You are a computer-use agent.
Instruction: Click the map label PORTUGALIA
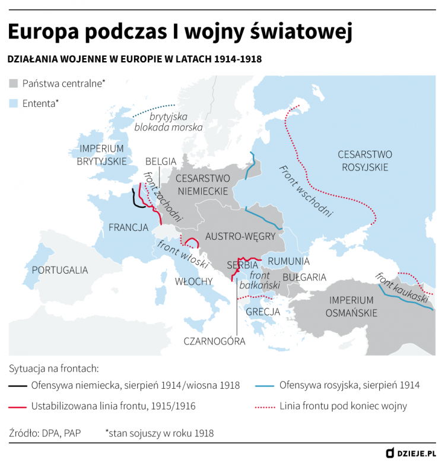pyautogui.click(x=60, y=270)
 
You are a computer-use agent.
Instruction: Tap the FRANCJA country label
pyautogui.click(x=128, y=227)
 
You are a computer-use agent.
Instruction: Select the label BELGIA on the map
pyautogui.click(x=161, y=161)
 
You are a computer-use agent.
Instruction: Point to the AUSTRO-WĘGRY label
pyautogui.click(x=240, y=236)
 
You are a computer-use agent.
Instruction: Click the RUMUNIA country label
pyautogui.click(x=288, y=261)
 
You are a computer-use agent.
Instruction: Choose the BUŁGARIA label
pyautogui.click(x=304, y=277)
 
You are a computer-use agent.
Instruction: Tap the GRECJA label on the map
pyautogui.click(x=263, y=312)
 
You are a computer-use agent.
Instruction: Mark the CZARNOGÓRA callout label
pyautogui.click(x=214, y=341)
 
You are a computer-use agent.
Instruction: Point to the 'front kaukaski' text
pyautogui.click(x=402, y=288)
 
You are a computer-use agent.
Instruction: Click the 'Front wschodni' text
pyautogui.click(x=306, y=191)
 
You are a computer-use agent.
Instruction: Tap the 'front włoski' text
pyautogui.click(x=183, y=254)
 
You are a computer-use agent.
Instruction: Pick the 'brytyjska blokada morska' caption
pyautogui.click(x=169, y=122)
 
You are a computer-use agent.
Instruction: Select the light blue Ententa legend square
pyautogui.click(x=14, y=103)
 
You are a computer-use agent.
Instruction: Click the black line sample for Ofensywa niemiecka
pyautogui.click(x=17, y=386)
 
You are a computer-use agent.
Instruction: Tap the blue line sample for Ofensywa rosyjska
pyautogui.click(x=264, y=386)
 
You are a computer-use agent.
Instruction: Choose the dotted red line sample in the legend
pyautogui.click(x=264, y=407)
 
